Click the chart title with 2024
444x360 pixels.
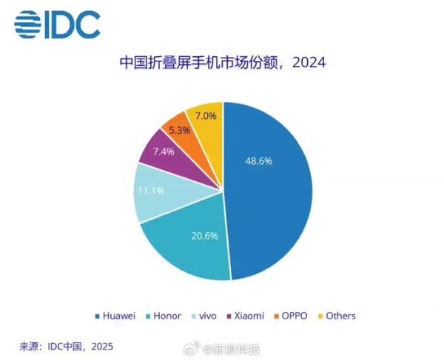click(x=222, y=63)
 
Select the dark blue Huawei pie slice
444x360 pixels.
click(x=274, y=200)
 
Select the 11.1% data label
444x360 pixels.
click(x=152, y=190)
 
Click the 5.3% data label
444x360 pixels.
click(x=180, y=129)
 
